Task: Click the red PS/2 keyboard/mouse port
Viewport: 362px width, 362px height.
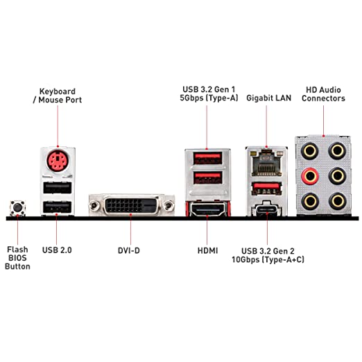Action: pos(58,160)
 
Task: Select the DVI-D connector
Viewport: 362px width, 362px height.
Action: pos(132,205)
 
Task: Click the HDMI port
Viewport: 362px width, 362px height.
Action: pos(207,209)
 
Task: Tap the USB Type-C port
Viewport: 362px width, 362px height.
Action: pos(267,210)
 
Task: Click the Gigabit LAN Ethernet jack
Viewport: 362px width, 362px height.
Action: pos(267,163)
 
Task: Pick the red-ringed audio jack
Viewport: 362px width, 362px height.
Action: pos(310,176)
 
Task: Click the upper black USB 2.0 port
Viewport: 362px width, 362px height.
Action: pos(58,188)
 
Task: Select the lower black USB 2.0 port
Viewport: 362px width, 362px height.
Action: pos(58,207)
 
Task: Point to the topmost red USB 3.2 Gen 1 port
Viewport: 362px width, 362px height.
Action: pos(208,158)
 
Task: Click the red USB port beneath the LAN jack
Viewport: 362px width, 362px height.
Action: pos(267,188)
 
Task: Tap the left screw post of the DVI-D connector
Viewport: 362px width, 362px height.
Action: pos(94,205)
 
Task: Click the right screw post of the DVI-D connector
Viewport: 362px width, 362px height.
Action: pos(168,205)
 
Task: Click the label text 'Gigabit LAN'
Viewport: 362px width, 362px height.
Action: pos(268,98)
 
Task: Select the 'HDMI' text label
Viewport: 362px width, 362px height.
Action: pos(207,250)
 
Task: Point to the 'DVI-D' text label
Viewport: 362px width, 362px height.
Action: pos(129,250)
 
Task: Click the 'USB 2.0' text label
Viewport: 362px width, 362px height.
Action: pos(57,250)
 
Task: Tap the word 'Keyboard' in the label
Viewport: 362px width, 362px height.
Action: pos(58,92)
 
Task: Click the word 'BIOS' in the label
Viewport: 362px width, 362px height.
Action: pos(17,258)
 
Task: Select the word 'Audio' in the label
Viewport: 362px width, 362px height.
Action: pos(331,90)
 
